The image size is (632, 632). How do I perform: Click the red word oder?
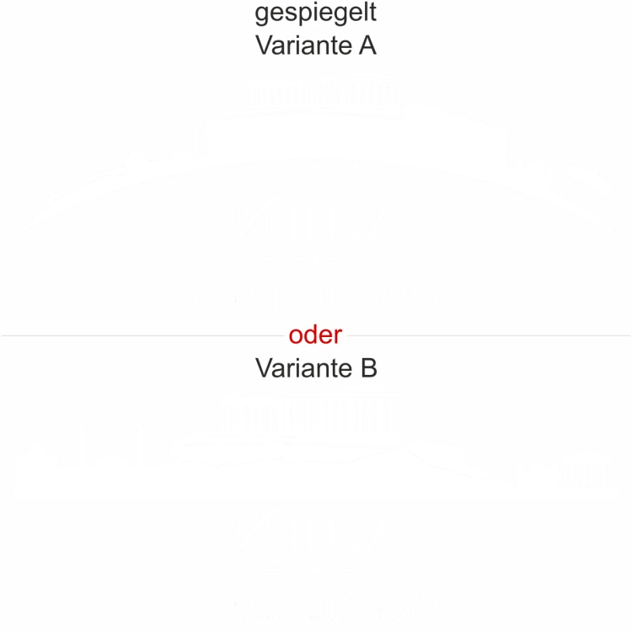click(315, 335)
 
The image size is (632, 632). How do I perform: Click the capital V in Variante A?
click(264, 46)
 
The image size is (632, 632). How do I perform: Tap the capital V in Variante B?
click(264, 368)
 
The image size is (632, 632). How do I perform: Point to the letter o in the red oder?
click(295, 336)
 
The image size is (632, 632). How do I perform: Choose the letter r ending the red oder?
click(339, 336)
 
